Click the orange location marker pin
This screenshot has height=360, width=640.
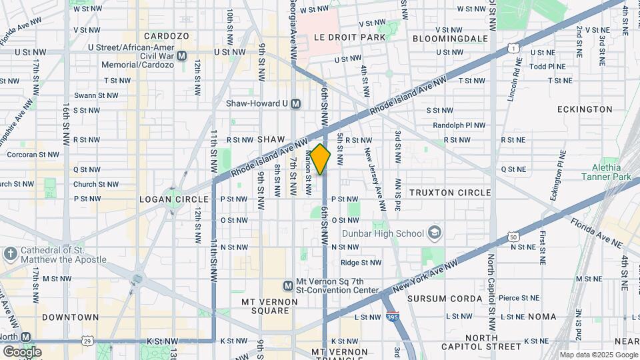click(321, 159)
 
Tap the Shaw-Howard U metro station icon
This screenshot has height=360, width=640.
click(296, 104)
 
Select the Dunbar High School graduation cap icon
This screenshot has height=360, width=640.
click(435, 233)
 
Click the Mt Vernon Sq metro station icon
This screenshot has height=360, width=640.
click(288, 285)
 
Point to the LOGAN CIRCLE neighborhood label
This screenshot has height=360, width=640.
click(166, 199)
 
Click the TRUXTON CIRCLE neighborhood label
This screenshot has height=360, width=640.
click(450, 193)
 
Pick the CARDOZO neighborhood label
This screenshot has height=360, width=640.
click(167, 36)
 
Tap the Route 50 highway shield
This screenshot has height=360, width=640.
click(513, 237)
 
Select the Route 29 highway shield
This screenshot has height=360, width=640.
click(87, 341)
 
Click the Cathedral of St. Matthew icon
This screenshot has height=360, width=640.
click(10, 254)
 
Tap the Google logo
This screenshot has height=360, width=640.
click(22, 351)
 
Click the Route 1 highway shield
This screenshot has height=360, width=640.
click(512, 48)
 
